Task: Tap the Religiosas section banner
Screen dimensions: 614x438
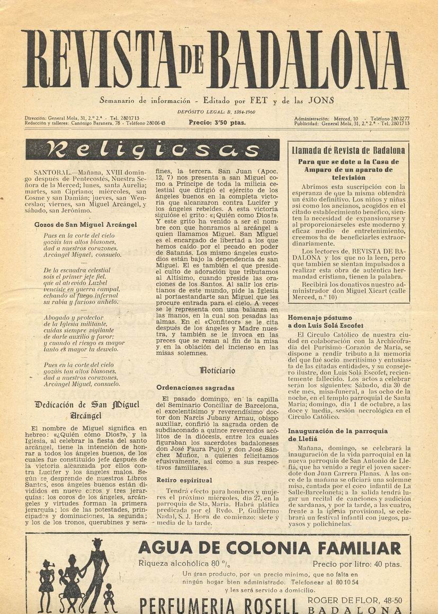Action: [145, 150]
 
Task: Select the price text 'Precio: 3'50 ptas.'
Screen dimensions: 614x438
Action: [217, 122]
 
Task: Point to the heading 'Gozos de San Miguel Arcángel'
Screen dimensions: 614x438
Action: [85, 224]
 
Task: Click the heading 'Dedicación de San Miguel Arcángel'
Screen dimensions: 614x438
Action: [87, 410]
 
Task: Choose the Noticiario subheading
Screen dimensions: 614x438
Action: [217, 371]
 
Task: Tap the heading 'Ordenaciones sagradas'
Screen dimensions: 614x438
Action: [195, 388]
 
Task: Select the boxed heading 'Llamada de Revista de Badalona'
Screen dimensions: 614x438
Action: [348, 151]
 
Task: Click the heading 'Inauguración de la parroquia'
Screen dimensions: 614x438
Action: [337, 431]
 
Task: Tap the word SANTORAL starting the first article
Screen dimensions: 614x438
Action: [51, 172]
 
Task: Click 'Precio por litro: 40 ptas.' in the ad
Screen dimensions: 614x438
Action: [356, 564]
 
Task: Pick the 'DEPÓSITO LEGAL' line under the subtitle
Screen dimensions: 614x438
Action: [217, 112]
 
